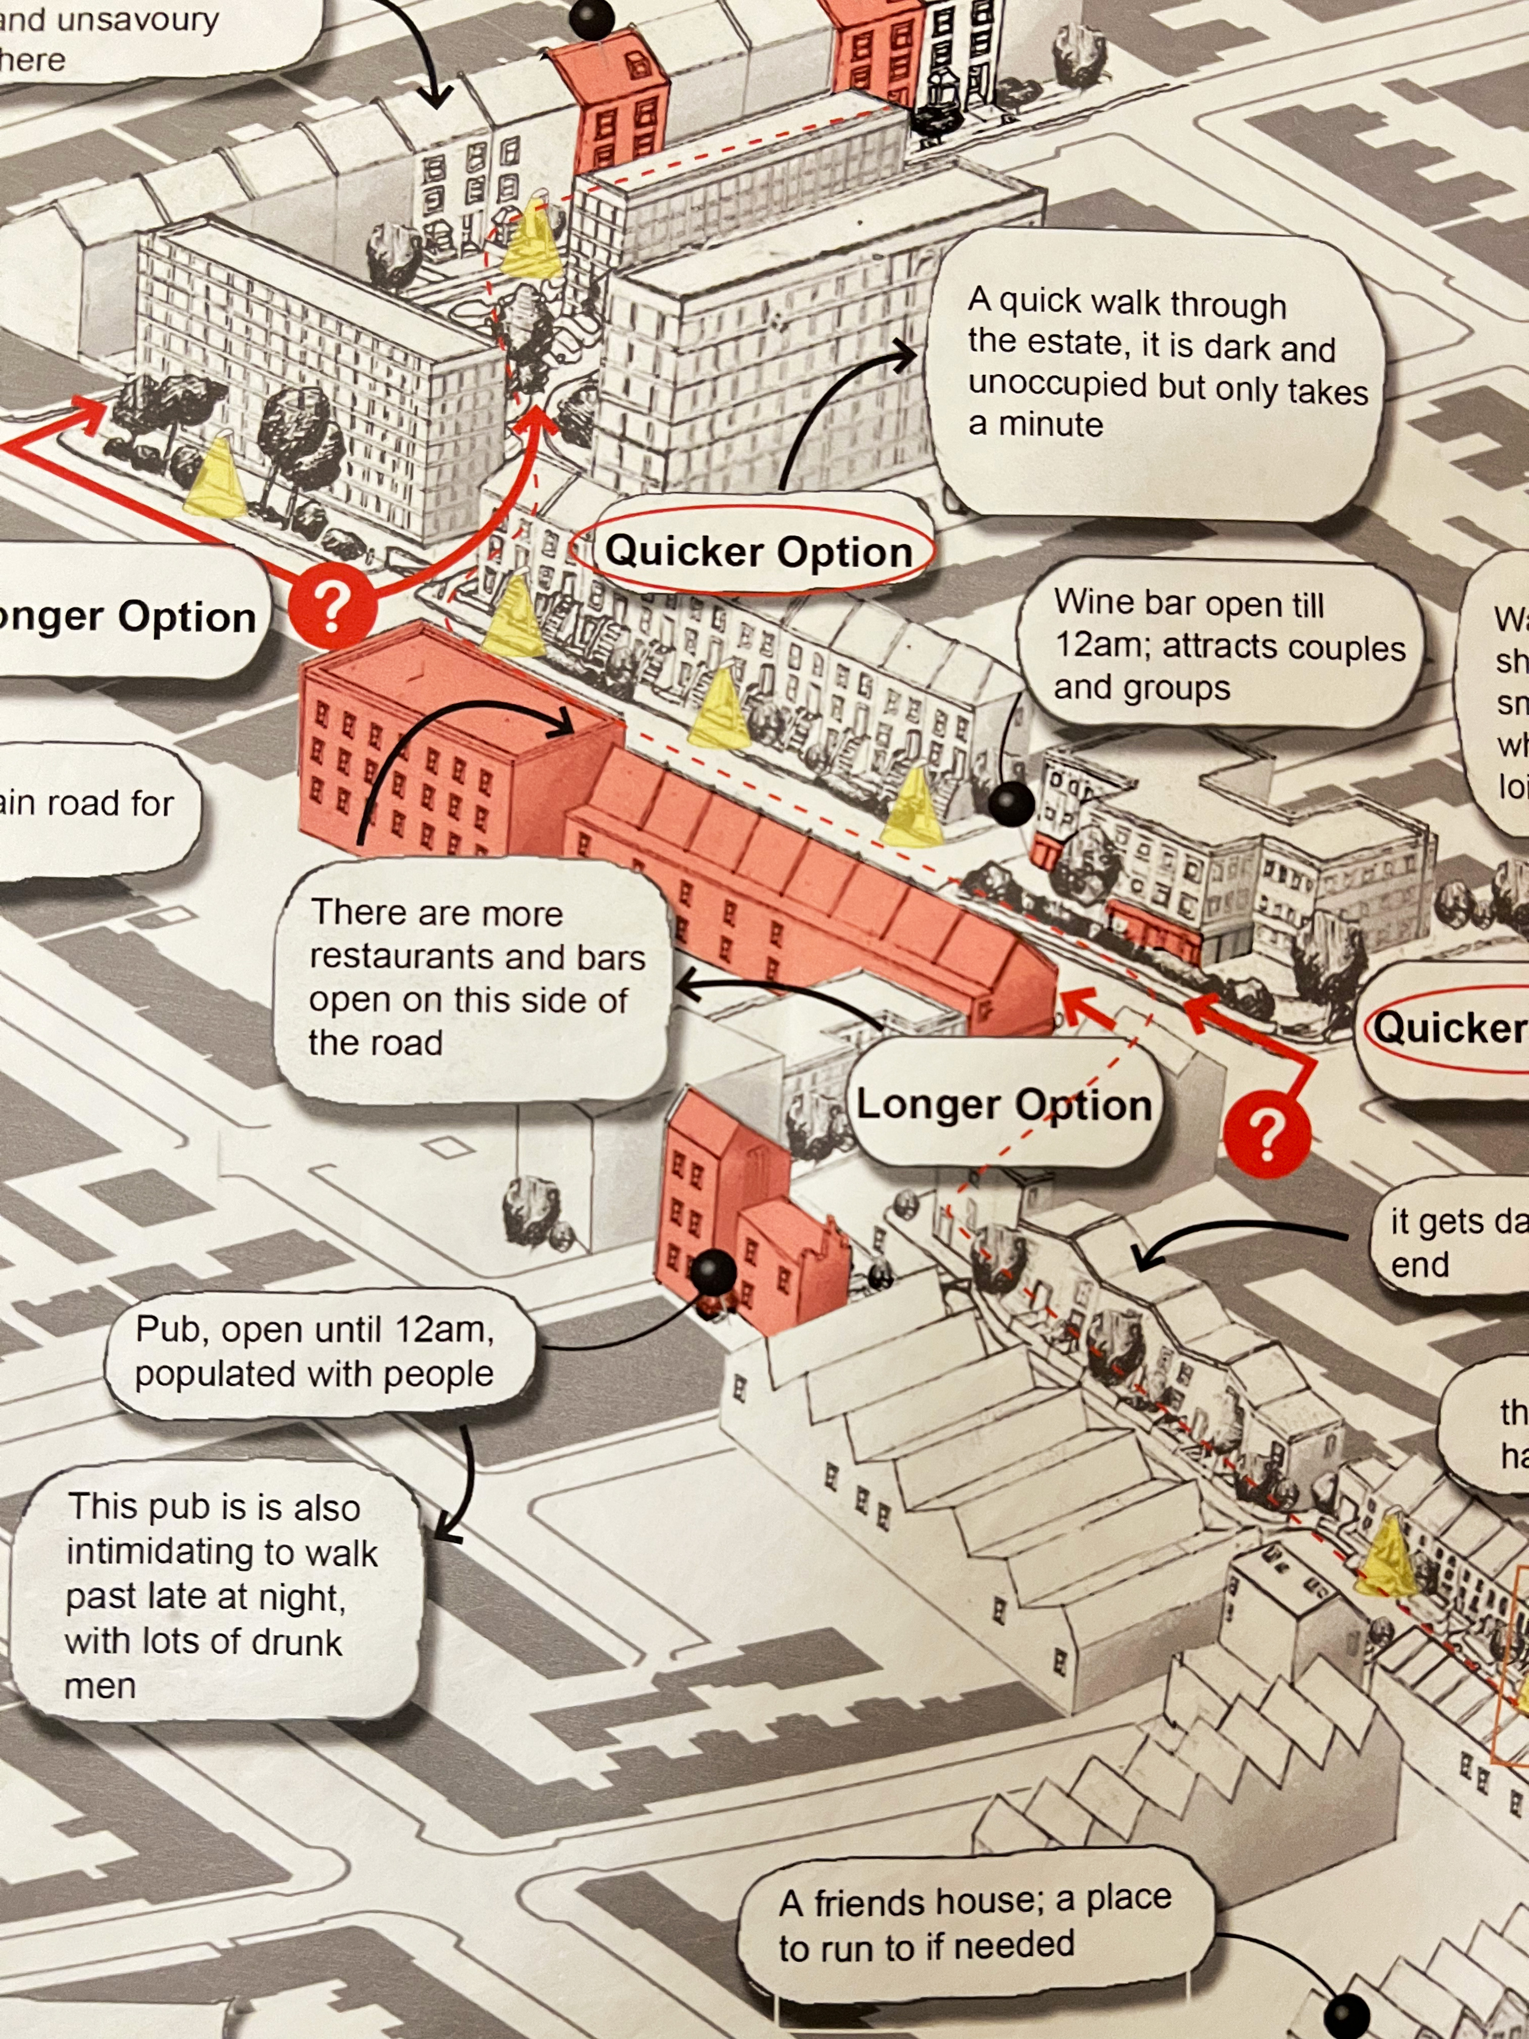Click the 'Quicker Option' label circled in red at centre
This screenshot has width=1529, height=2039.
click(758, 551)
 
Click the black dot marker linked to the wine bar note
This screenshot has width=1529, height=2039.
click(1011, 803)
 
